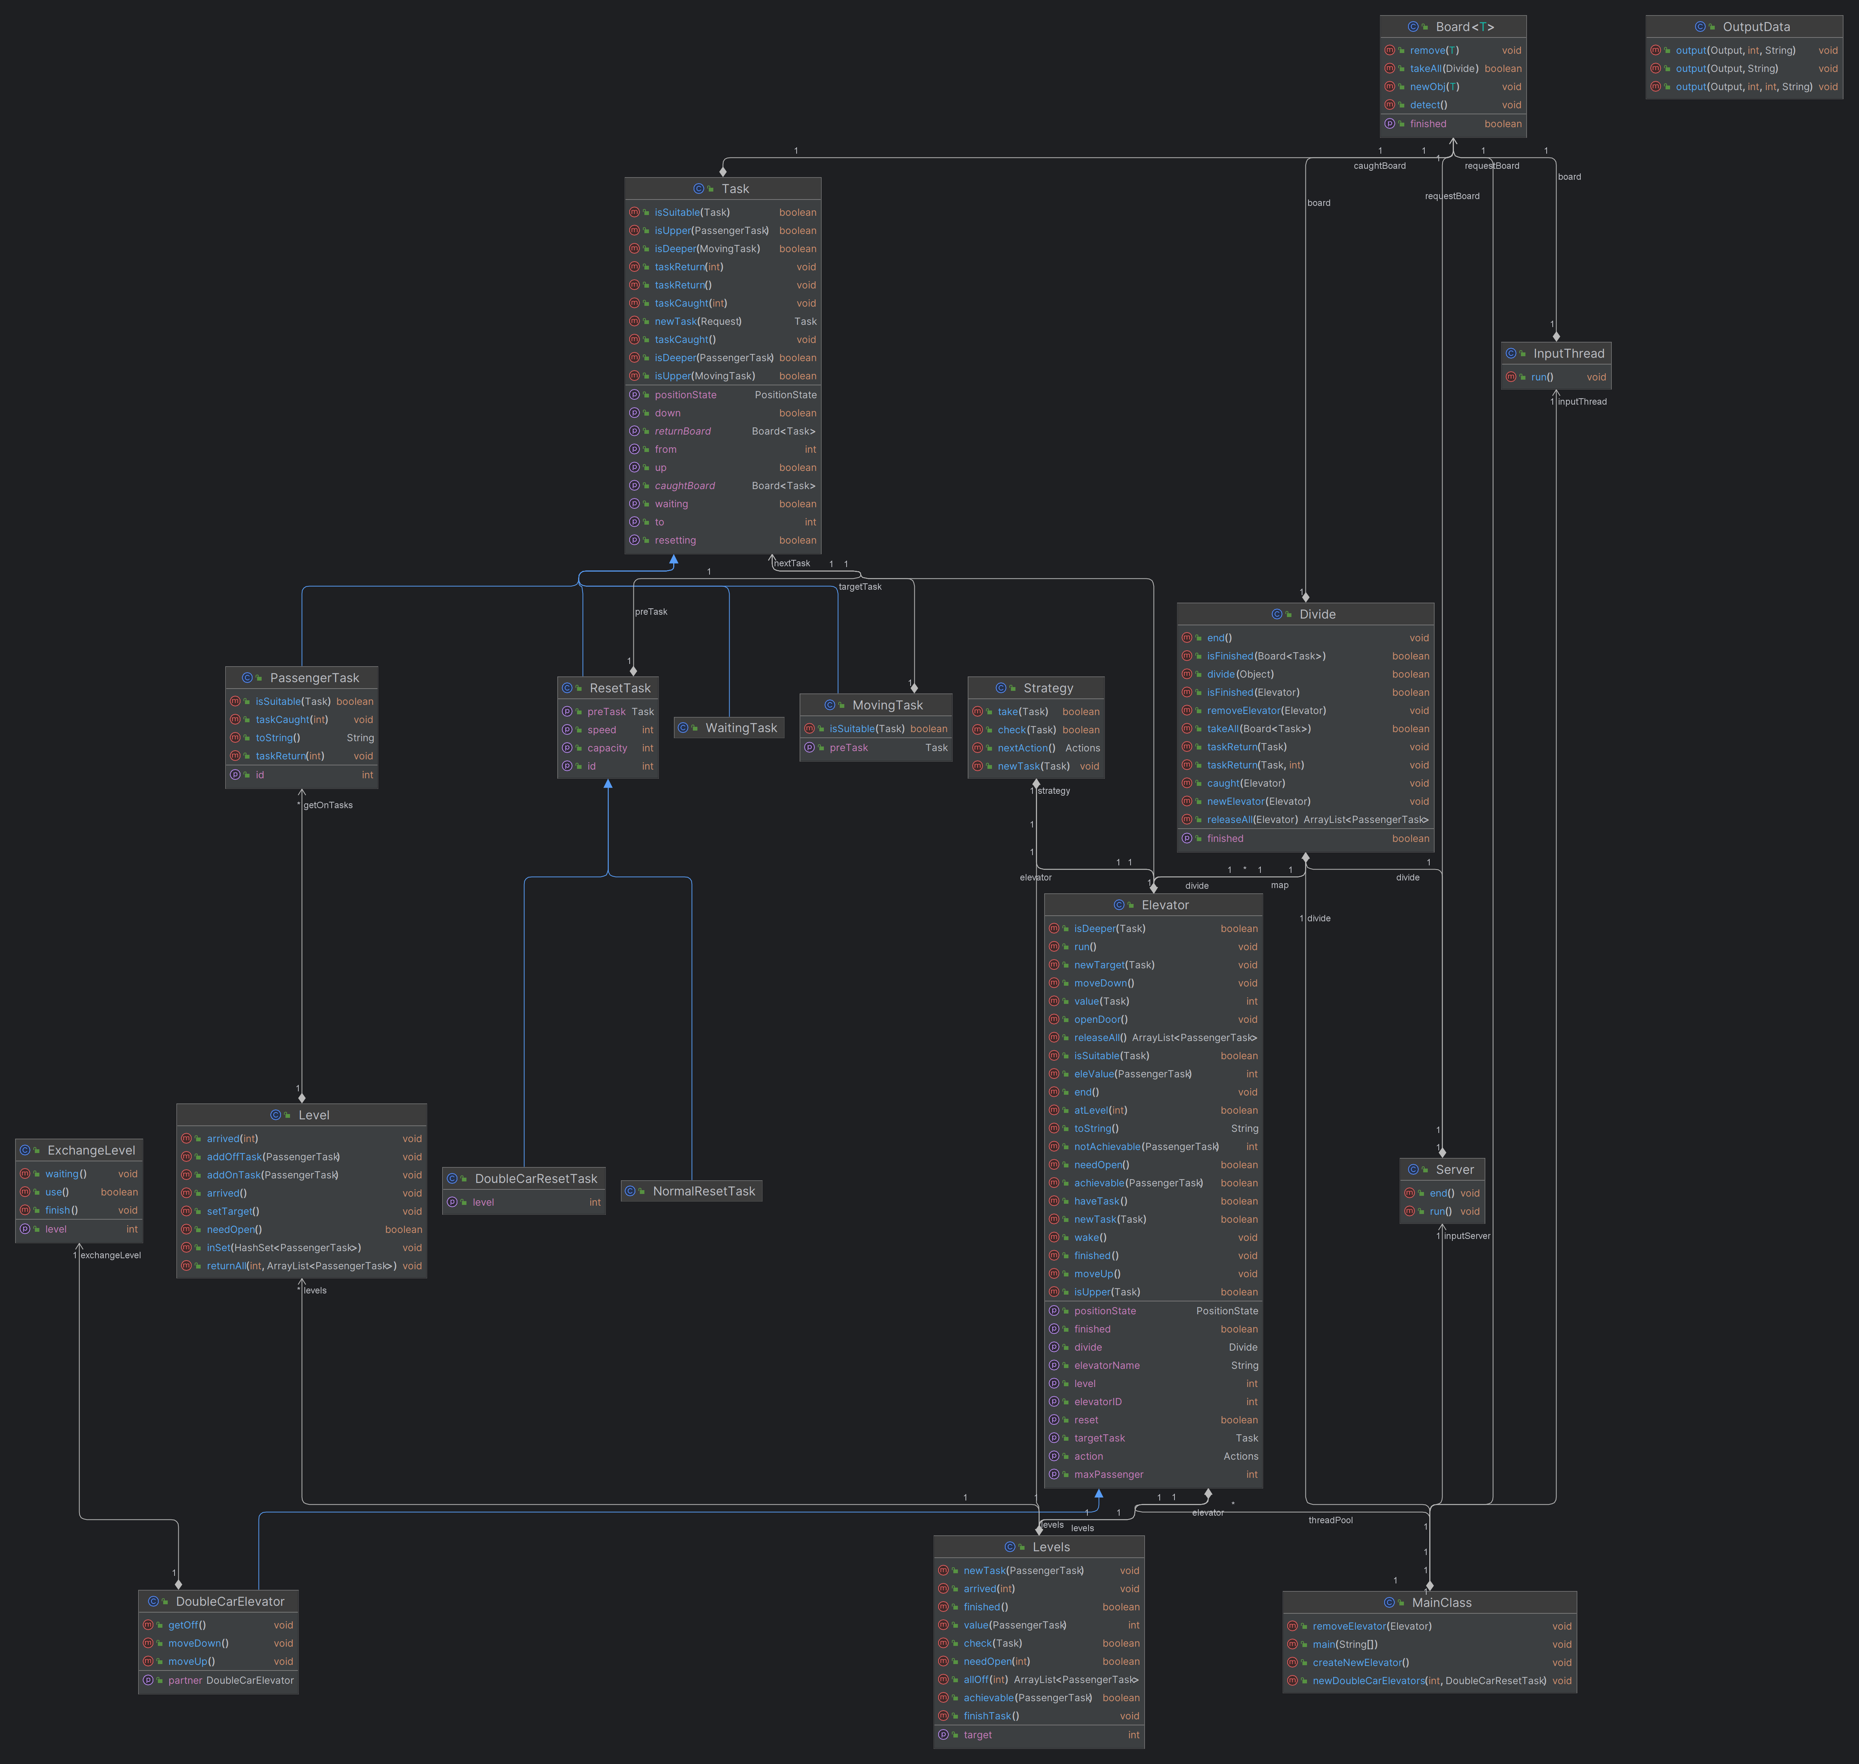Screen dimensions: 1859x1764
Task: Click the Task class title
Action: click(735, 189)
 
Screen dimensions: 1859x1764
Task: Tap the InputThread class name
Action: click(1569, 354)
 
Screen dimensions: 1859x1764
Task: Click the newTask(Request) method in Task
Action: click(698, 322)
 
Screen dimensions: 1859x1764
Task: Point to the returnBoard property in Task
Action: click(683, 431)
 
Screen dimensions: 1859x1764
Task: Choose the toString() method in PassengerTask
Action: click(278, 738)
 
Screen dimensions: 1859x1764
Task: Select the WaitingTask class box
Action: click(729, 728)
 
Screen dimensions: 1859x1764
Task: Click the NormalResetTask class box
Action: click(691, 1191)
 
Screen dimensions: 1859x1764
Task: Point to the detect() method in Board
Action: click(1429, 105)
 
